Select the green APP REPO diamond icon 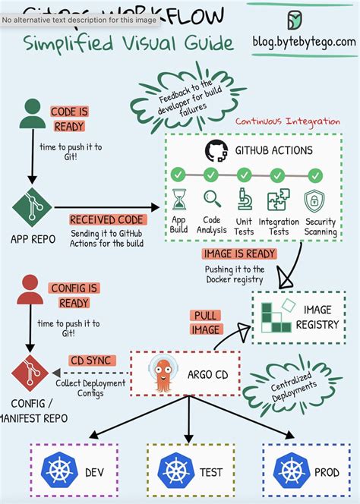click(x=30, y=204)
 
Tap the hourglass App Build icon click(x=179, y=200)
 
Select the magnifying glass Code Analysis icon click(x=212, y=200)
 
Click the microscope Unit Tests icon click(x=245, y=200)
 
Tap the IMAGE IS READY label click(x=238, y=254)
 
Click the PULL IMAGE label click(x=206, y=323)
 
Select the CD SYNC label click(x=93, y=361)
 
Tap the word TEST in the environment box click(x=211, y=472)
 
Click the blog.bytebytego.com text click(x=305, y=41)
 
